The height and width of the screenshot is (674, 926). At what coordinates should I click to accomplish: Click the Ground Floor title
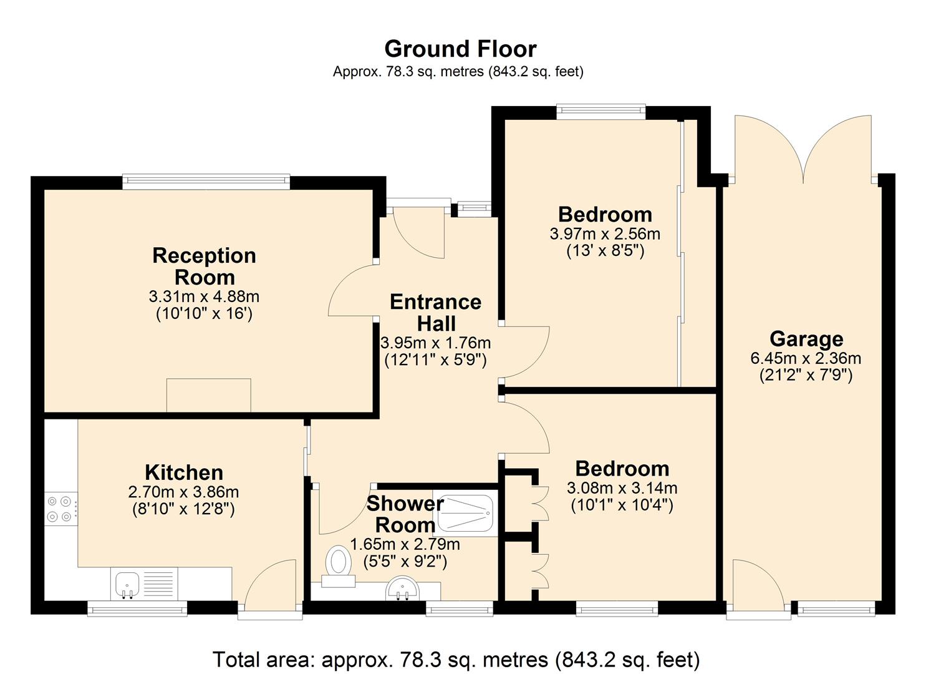[460, 49]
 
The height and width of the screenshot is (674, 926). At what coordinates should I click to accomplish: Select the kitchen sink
[128, 584]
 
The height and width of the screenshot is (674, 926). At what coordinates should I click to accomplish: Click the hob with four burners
[60, 508]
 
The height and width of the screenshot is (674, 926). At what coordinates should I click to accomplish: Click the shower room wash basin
[399, 589]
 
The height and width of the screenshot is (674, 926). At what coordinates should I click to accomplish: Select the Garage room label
[806, 339]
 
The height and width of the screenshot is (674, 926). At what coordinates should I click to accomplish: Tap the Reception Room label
[204, 266]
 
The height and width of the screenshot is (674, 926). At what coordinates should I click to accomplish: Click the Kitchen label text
[183, 472]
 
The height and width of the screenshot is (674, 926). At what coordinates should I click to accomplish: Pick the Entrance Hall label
[436, 313]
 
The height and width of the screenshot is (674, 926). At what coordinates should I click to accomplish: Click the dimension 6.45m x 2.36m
[806, 358]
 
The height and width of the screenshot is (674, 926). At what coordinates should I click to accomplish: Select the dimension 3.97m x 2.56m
[604, 234]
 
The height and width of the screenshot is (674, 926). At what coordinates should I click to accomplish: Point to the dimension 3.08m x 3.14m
[622, 488]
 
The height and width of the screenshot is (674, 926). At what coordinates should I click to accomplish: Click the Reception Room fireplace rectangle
[208, 395]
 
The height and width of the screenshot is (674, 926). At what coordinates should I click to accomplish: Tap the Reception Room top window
[206, 182]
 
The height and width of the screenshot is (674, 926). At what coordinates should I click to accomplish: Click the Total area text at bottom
[456, 659]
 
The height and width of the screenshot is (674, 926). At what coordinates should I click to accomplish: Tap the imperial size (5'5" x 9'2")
[405, 562]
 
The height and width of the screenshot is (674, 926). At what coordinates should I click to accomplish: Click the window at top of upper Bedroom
[600, 112]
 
